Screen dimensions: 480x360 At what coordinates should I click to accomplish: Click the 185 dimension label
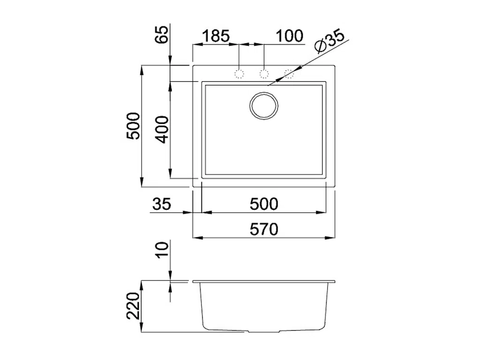(x=216, y=36)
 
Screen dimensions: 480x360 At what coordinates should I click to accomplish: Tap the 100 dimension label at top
(x=290, y=36)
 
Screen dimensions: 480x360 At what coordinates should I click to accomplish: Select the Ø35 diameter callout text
(x=330, y=41)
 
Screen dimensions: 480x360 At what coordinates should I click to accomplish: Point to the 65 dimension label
(x=162, y=34)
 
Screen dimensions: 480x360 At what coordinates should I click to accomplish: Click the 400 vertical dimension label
(x=162, y=129)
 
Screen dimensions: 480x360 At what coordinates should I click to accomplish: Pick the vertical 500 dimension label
(x=134, y=126)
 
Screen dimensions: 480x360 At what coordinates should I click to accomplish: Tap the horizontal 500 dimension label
(x=264, y=204)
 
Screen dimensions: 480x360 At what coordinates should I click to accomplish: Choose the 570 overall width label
(x=264, y=229)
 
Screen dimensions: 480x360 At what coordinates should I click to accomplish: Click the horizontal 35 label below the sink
(x=162, y=204)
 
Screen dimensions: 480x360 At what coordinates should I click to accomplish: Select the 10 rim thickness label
(x=162, y=250)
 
